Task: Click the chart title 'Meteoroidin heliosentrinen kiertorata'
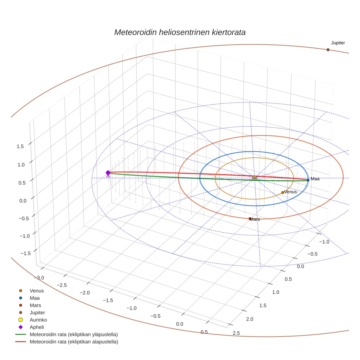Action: pos(180,32)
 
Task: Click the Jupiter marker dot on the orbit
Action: pos(328,50)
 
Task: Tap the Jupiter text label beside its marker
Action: pos(338,43)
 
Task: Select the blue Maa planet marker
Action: pos(308,180)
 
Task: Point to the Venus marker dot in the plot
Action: pos(282,192)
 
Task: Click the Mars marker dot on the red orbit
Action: pos(250,219)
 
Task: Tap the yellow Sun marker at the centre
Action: pos(255,178)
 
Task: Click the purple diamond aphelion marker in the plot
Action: pos(108,173)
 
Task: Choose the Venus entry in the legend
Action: pos(37,291)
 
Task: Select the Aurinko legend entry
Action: pos(38,320)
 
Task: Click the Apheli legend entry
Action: pos(37,327)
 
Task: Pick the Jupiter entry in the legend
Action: pos(38,313)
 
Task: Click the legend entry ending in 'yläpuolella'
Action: pos(74,334)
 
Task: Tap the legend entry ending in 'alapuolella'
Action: pos(74,342)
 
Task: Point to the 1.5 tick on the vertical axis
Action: pos(20,146)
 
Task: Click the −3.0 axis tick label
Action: pos(39,278)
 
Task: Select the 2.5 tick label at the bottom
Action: pos(236,333)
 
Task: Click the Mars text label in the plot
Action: pos(255,220)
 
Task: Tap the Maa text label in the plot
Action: pos(315,179)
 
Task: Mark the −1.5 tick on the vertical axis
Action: pos(19,253)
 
